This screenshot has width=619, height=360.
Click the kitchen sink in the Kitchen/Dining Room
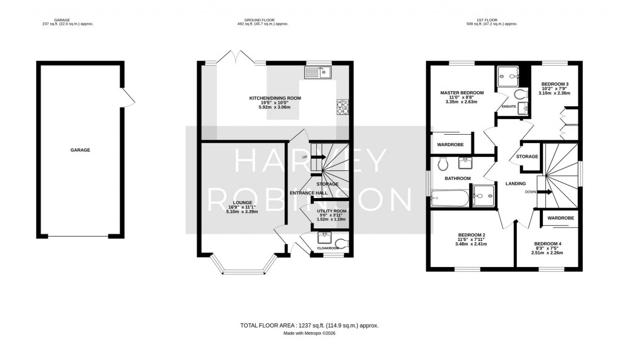tap(317, 72)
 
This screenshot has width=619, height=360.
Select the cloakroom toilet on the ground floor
tap(342, 244)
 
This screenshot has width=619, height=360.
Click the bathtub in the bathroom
tap(450, 198)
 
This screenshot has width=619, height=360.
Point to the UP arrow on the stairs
tap(315, 157)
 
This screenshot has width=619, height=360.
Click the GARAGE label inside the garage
tap(80, 150)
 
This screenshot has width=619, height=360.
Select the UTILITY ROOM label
tap(329, 210)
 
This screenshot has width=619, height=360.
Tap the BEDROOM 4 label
tap(547, 244)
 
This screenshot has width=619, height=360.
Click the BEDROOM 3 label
tap(555, 83)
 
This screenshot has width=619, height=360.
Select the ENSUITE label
tap(508, 107)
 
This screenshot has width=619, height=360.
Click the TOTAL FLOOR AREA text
tap(309, 326)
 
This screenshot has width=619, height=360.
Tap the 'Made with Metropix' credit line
tap(309, 333)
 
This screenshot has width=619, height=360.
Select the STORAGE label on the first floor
tap(527, 156)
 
